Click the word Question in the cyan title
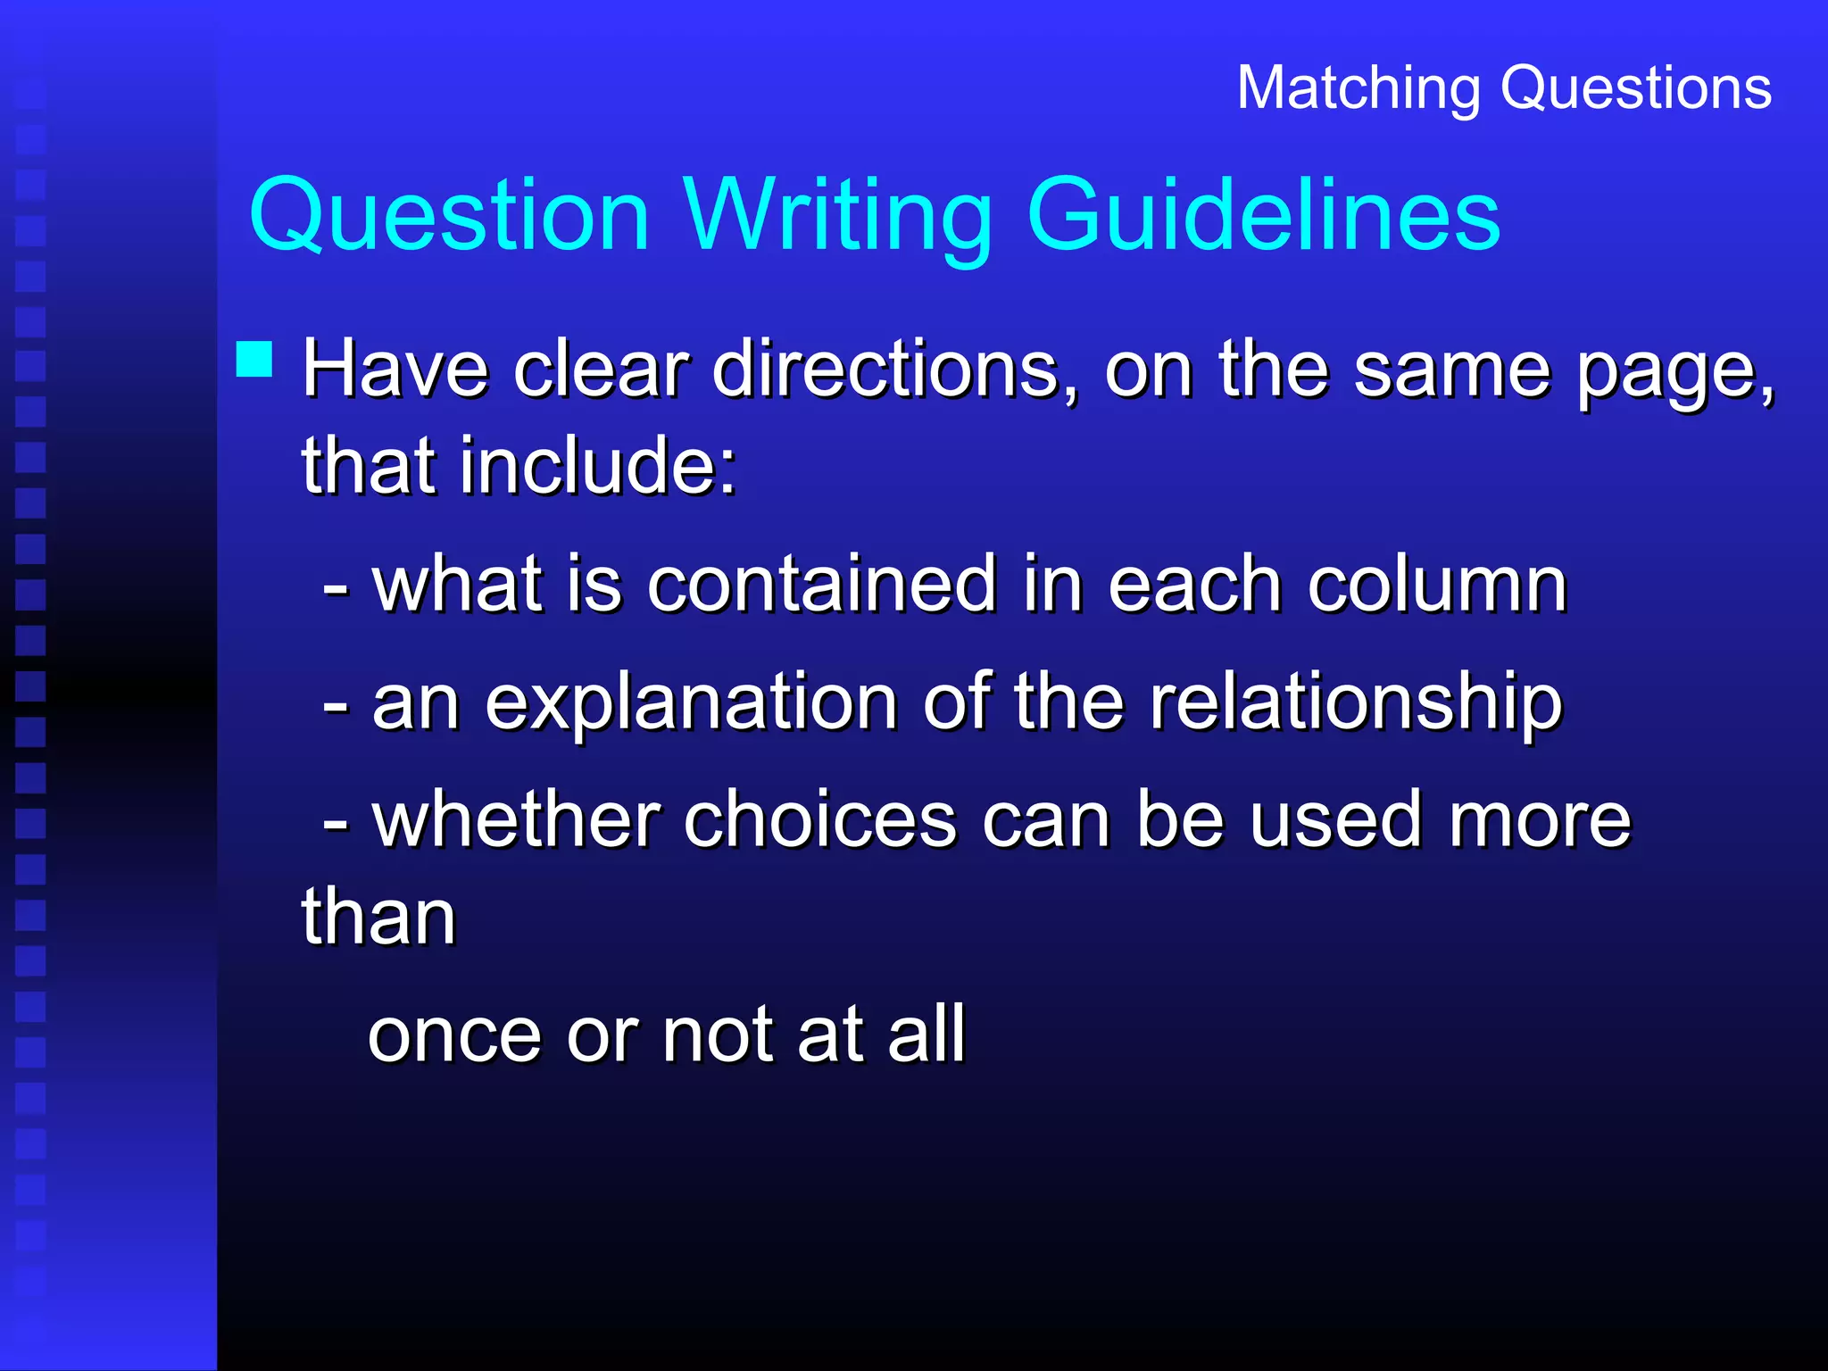point(449,217)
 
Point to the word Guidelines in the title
point(1264,215)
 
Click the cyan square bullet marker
point(254,360)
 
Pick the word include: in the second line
point(599,465)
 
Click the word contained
point(821,585)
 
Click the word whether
point(517,820)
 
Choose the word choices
point(819,820)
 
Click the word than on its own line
point(378,917)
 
